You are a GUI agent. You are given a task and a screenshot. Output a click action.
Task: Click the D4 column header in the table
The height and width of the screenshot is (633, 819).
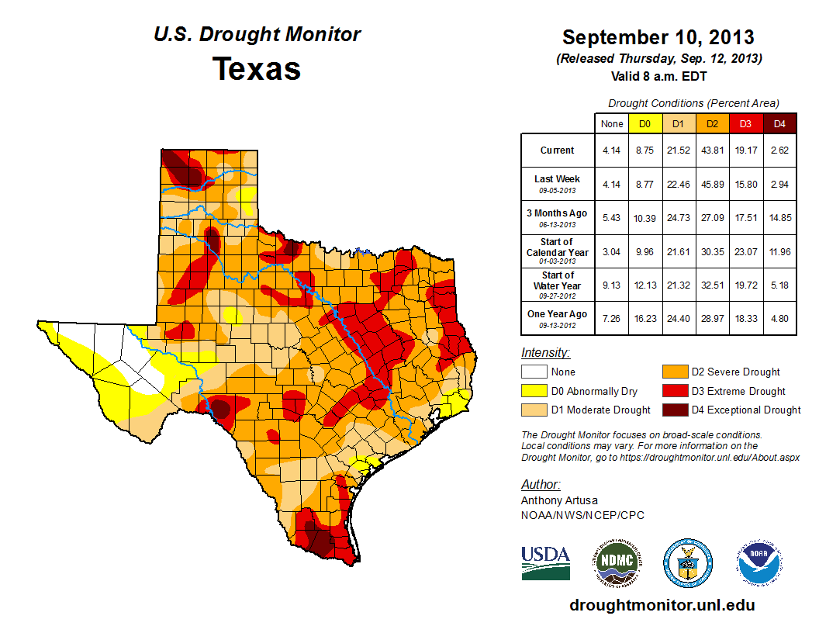[x=779, y=124]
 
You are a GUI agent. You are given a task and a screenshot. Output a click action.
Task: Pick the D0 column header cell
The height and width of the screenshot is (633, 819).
[x=644, y=124]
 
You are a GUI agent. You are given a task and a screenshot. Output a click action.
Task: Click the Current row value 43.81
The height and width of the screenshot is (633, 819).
[x=712, y=150]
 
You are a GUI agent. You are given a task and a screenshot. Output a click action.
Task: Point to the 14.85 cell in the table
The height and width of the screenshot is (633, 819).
[x=779, y=217]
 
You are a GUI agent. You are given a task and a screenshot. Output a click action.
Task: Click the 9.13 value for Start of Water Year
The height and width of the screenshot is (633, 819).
[x=611, y=285]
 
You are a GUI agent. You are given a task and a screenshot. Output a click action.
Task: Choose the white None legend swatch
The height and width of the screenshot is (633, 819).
[x=534, y=372]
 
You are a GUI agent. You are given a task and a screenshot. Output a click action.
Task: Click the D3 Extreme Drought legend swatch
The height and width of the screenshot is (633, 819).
[x=673, y=391]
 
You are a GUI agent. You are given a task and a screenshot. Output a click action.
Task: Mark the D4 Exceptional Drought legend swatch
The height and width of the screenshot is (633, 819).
[x=673, y=410]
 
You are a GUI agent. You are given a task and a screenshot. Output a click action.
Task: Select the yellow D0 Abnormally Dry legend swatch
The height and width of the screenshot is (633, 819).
[x=534, y=391]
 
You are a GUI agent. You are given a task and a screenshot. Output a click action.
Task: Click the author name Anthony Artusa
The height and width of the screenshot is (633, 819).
[x=559, y=500]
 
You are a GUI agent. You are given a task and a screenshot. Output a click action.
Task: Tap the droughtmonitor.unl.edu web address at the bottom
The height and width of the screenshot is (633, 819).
[x=662, y=605]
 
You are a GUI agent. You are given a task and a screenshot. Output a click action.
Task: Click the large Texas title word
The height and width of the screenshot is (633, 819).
[x=257, y=69]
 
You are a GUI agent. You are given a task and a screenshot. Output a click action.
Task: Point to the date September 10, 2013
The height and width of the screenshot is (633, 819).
[x=658, y=37]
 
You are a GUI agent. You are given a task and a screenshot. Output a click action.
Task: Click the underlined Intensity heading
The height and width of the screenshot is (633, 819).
[x=545, y=353]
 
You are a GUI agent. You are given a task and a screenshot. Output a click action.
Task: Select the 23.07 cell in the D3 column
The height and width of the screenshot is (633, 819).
[x=745, y=251]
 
